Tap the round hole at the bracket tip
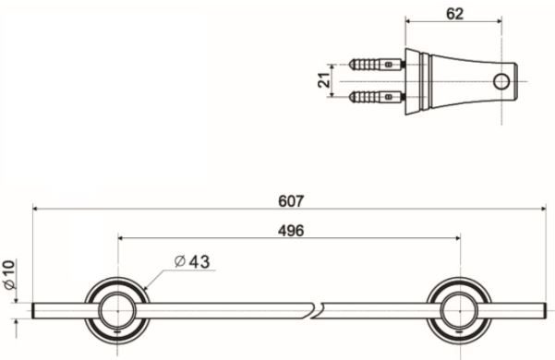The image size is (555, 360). click(503, 79)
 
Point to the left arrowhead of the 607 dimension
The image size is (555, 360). click(37, 210)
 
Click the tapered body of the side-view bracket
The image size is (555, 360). click(462, 79)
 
